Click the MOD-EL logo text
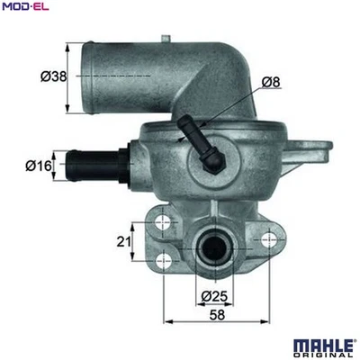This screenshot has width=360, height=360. click(x=24, y=8)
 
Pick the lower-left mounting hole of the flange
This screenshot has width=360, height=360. click(x=162, y=261)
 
